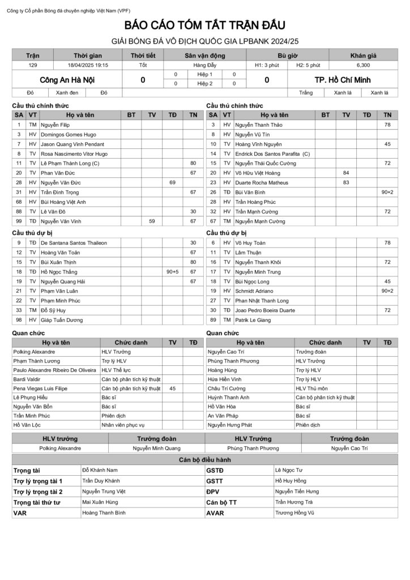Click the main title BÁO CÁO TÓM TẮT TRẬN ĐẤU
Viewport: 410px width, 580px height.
pyautogui.click(x=205, y=25)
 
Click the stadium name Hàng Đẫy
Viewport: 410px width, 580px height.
pyautogui.click(x=205, y=66)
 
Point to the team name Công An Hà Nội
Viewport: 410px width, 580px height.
pyautogui.click(x=67, y=80)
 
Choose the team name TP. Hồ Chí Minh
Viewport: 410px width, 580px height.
pyautogui.click(x=342, y=80)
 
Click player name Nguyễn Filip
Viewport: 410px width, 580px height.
pyautogui.click(x=55, y=125)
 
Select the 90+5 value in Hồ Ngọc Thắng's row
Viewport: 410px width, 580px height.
pyautogui.click(x=172, y=272)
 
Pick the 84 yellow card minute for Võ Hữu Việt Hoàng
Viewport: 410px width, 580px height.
pyautogui.click(x=346, y=173)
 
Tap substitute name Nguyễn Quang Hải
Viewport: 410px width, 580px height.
pyautogui.click(x=63, y=282)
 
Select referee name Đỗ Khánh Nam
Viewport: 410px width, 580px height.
pyautogui.click(x=100, y=470)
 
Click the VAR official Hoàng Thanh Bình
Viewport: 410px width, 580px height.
pyautogui.click(x=104, y=513)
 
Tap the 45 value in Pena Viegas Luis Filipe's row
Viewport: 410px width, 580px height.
pyautogui.click(x=172, y=389)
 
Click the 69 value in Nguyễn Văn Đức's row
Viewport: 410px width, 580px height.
pyautogui.click(x=172, y=182)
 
